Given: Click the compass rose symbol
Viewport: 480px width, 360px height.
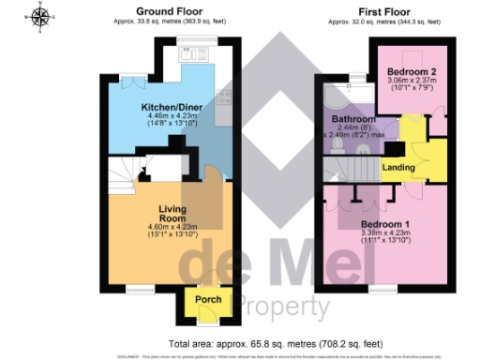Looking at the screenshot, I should [x=39, y=16].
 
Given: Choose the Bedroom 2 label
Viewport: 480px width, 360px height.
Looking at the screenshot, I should [x=412, y=72].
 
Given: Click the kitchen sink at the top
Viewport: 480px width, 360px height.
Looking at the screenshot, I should [x=193, y=54].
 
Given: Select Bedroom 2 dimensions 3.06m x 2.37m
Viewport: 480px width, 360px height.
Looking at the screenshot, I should [x=412, y=82].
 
